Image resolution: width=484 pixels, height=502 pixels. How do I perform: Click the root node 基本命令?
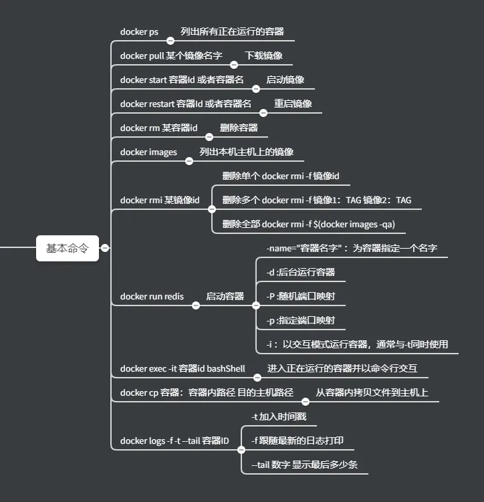[67, 247]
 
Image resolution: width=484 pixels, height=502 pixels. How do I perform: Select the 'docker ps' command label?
[139, 31]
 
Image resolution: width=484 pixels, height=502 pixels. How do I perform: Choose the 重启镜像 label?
[293, 104]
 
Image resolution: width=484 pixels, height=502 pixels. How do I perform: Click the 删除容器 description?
[239, 128]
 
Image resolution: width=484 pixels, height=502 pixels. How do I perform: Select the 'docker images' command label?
[148, 152]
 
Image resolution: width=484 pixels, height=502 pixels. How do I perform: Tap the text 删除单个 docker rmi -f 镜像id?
[281, 176]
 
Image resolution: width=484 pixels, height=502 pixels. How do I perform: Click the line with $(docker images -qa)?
[309, 224]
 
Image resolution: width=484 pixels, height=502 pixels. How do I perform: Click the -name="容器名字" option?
[352, 248]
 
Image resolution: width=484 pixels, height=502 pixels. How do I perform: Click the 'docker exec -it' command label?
[183, 368]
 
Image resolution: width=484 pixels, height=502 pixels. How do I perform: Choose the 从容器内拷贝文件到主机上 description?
[372, 392]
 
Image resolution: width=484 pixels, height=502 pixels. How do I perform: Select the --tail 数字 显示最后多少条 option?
[304, 465]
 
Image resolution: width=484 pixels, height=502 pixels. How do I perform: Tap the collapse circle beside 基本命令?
[105, 247]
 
